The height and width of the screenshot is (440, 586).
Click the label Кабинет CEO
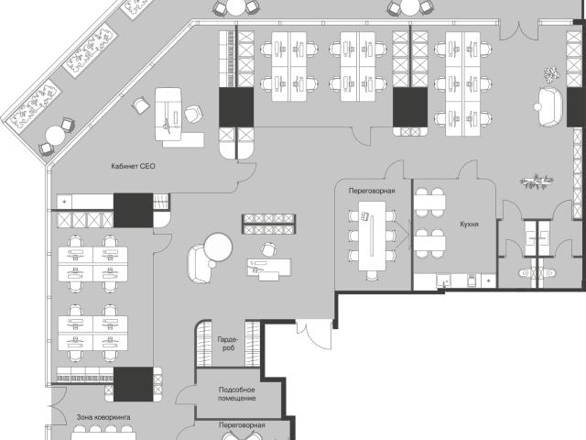(x=133, y=166)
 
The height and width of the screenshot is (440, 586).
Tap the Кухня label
(x=469, y=224)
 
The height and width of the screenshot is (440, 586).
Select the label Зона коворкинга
(x=103, y=417)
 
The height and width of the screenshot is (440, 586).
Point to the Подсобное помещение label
(x=237, y=394)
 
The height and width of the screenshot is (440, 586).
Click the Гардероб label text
(x=228, y=344)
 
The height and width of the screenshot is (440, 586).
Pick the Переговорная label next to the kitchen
(x=372, y=191)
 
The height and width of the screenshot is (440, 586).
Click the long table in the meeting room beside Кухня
(x=372, y=236)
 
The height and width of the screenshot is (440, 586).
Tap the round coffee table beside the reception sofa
(x=218, y=247)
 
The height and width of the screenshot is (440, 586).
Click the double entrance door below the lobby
(x=314, y=333)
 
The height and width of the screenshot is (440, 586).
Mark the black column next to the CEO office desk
(x=236, y=107)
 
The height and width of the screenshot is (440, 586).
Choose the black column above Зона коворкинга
(x=133, y=384)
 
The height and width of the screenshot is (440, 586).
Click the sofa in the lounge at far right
(x=550, y=106)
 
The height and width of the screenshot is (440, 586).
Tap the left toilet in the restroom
(x=527, y=273)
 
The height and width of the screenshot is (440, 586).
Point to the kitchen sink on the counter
(x=443, y=280)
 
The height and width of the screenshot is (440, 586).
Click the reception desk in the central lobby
(x=268, y=269)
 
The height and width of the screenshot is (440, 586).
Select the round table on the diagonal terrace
(x=55, y=136)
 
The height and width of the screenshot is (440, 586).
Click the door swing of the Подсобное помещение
(x=185, y=396)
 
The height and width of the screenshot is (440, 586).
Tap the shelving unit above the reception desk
(x=268, y=224)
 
